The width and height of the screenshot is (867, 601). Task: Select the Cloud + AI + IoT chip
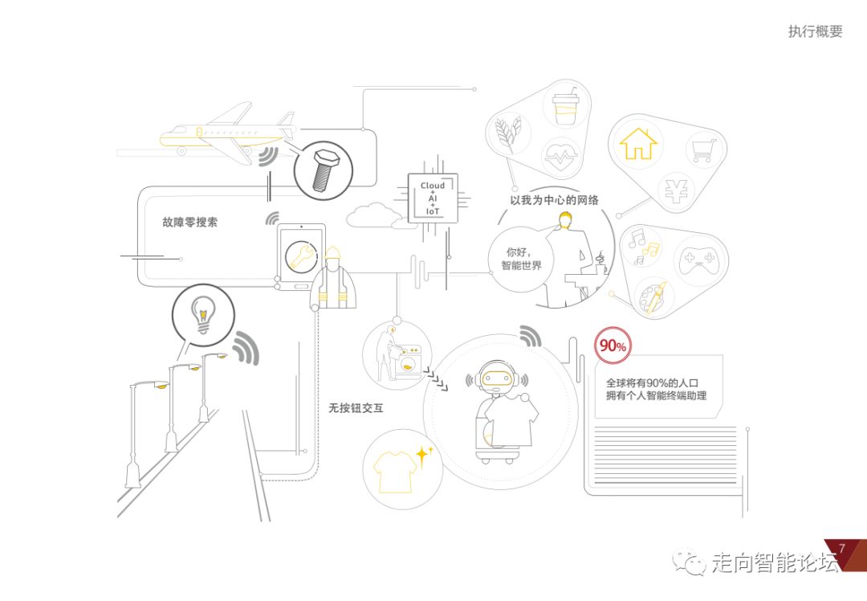click(x=432, y=198)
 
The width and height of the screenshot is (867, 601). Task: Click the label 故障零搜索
click(x=189, y=223)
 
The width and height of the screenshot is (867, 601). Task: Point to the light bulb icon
click(x=203, y=313)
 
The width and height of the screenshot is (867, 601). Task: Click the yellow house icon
click(x=638, y=144)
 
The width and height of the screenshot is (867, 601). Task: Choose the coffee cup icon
click(x=567, y=108)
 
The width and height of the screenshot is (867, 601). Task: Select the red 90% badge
click(x=613, y=346)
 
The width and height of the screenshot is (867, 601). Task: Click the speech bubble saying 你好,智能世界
click(x=522, y=259)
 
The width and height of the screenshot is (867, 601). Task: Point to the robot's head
click(x=495, y=378)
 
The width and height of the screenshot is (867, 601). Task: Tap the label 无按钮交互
click(x=356, y=408)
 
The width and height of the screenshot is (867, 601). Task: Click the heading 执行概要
click(x=815, y=31)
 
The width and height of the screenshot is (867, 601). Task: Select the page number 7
click(x=841, y=549)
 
